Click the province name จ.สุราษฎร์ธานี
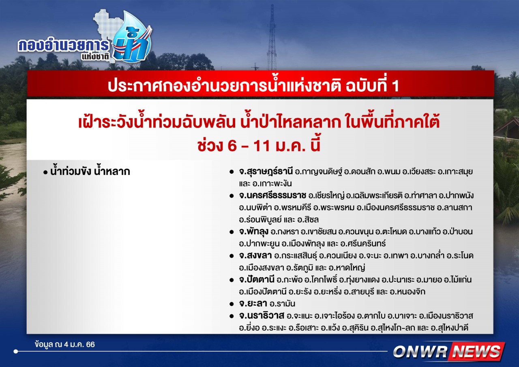(266, 172)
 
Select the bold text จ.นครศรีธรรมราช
(273, 196)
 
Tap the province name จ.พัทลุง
(254, 232)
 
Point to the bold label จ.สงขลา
(255, 256)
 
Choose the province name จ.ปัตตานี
(257, 280)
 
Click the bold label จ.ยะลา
(253, 304)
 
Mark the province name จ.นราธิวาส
(262, 316)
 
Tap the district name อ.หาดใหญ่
(347, 268)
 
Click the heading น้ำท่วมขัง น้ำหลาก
(90, 172)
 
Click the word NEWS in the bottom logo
(476, 352)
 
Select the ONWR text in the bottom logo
(420, 352)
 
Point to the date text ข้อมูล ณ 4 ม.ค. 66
(65, 345)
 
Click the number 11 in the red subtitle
(262, 146)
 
